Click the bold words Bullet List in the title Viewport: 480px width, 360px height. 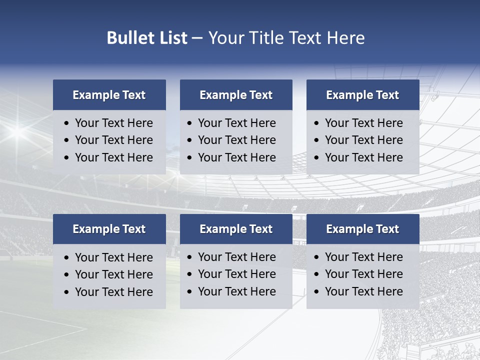[147, 38]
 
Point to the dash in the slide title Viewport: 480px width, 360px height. [197, 38]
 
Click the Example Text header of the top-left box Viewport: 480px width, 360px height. [109, 95]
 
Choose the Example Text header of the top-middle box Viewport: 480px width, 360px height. [236, 95]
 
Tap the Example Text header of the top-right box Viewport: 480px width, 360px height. [362, 95]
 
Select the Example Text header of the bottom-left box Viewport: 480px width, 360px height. [109, 229]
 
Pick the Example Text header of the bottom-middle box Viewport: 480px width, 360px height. [236, 229]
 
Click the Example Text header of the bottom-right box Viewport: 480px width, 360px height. [362, 229]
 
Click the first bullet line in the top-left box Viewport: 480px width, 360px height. [113, 123]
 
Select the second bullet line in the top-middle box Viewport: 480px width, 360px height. [236, 140]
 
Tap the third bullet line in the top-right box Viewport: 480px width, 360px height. [363, 157]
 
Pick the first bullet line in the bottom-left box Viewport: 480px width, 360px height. [113, 257]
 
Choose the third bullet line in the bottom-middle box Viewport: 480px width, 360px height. [236, 291]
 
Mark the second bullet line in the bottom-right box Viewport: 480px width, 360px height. [363, 274]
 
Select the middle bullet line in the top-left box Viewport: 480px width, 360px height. [113, 140]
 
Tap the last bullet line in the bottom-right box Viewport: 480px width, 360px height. [363, 291]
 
